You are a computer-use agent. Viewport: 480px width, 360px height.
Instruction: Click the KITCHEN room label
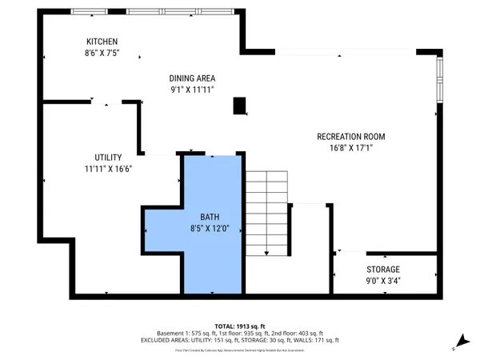pos(102,42)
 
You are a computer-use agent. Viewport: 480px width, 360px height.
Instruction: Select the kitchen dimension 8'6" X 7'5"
pos(102,54)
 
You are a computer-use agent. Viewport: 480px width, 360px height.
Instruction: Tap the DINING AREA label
pos(193,78)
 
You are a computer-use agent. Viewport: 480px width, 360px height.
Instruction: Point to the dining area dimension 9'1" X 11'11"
pos(193,90)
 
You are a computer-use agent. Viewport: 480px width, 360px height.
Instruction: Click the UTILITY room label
pos(107,158)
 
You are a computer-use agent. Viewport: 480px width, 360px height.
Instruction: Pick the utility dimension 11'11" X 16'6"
pos(107,170)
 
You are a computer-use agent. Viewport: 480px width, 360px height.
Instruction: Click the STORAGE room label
pos(383,270)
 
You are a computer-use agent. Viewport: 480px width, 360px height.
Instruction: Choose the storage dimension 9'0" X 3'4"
pos(383,282)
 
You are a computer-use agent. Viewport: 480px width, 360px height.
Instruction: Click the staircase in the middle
pos(266,214)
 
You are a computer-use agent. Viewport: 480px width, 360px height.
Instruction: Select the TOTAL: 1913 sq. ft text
pos(240,326)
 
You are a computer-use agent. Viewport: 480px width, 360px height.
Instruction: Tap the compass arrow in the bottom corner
pos(459,342)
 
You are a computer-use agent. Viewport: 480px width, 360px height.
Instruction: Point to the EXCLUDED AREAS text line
pos(240,341)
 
